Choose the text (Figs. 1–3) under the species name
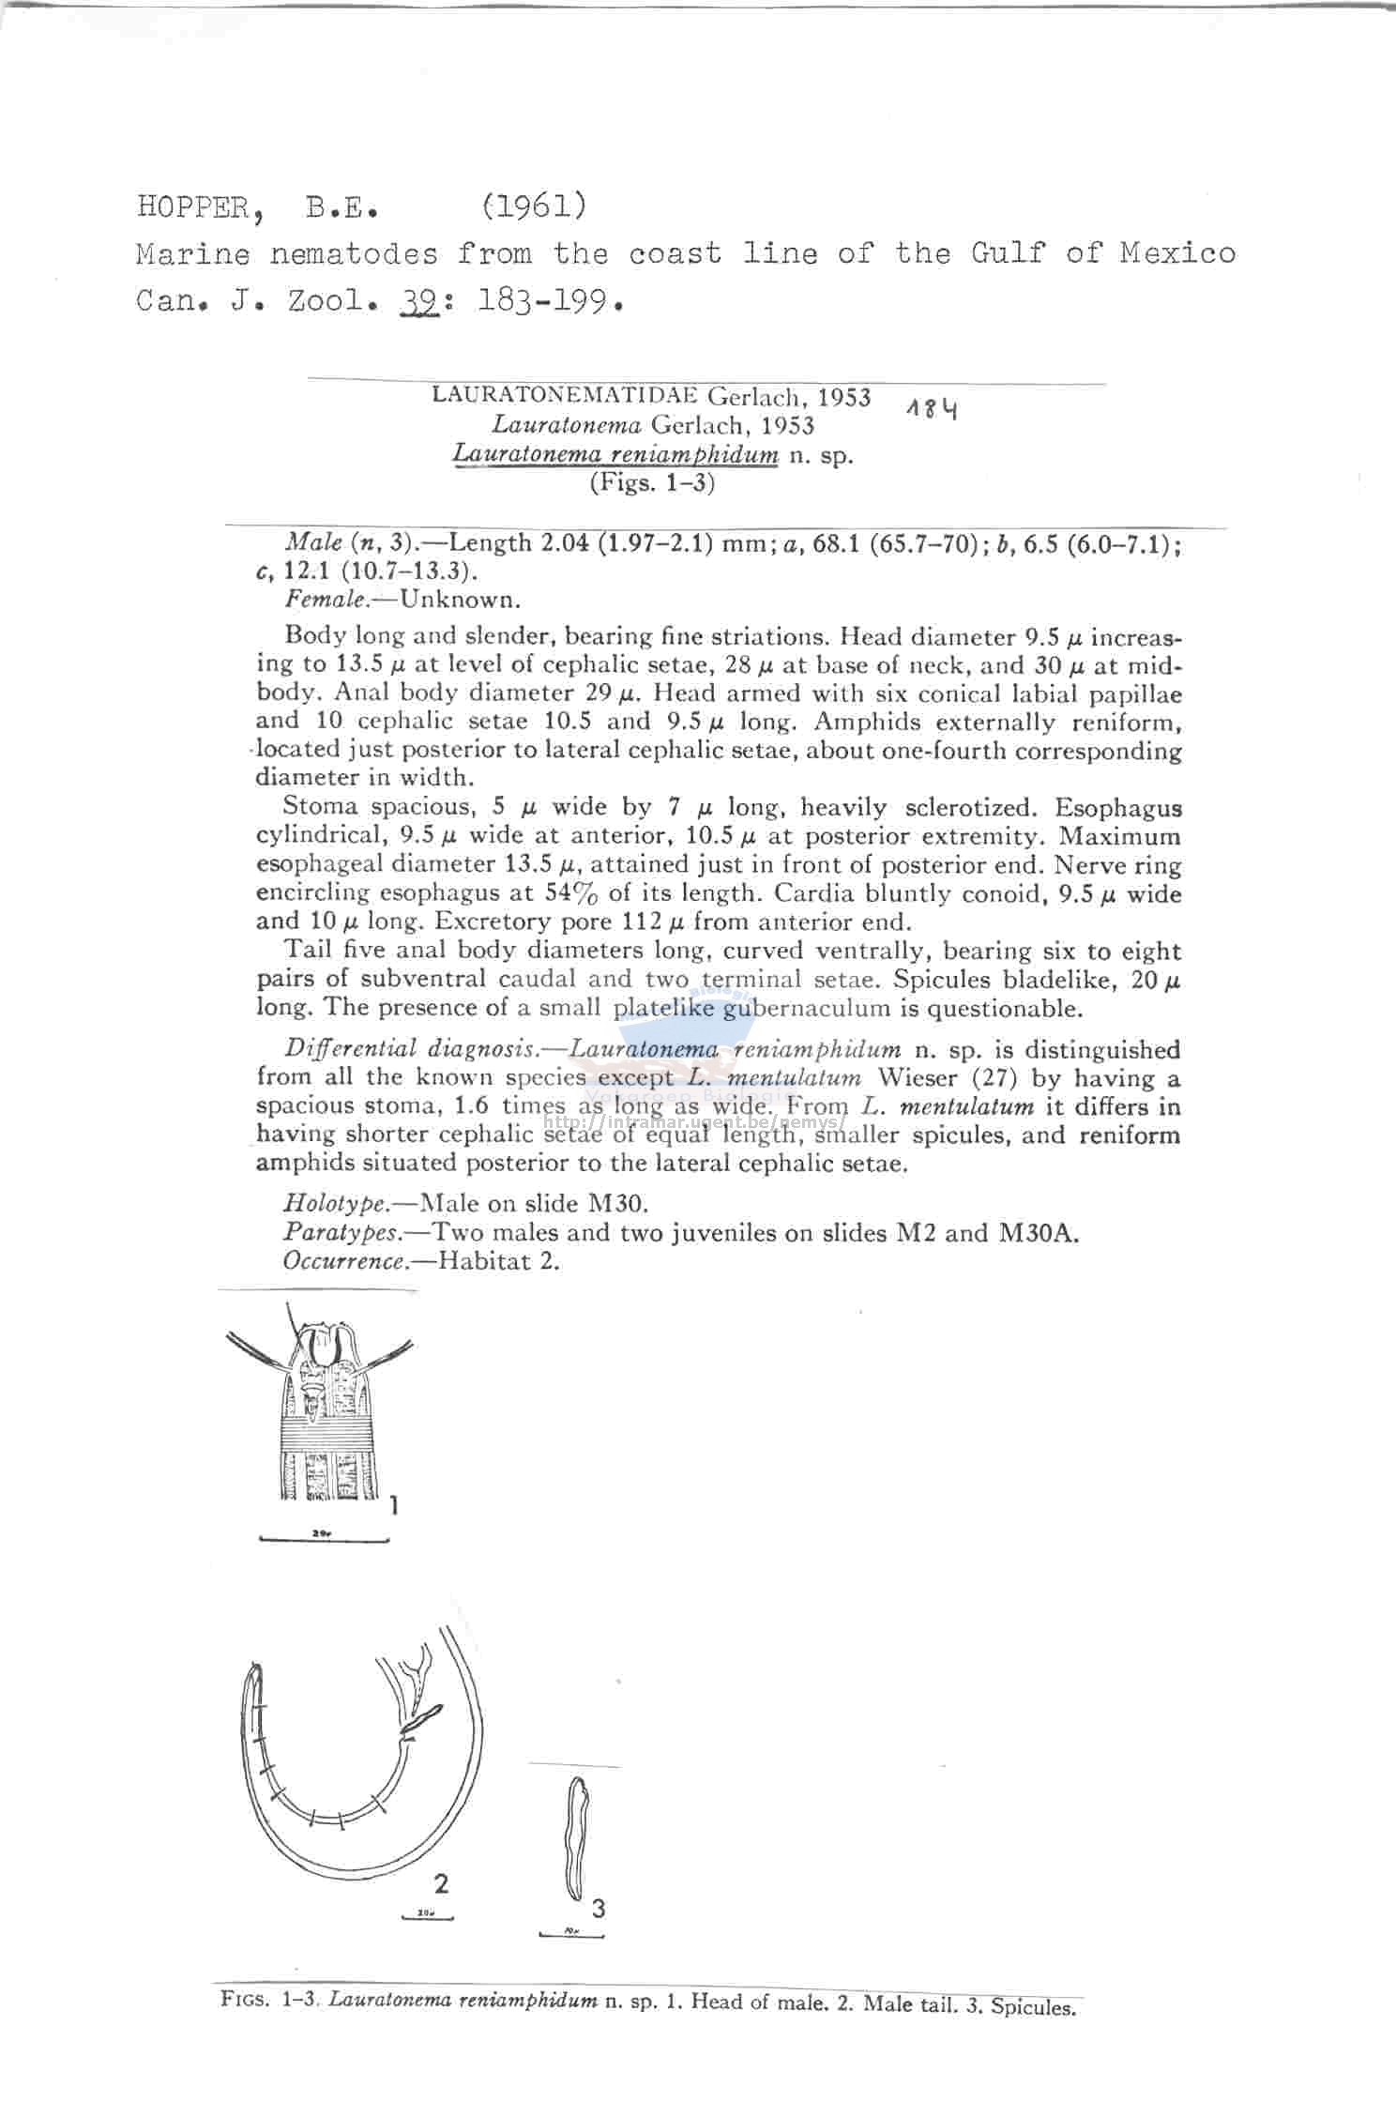[x=652, y=483]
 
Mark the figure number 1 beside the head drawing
[x=395, y=1505]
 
